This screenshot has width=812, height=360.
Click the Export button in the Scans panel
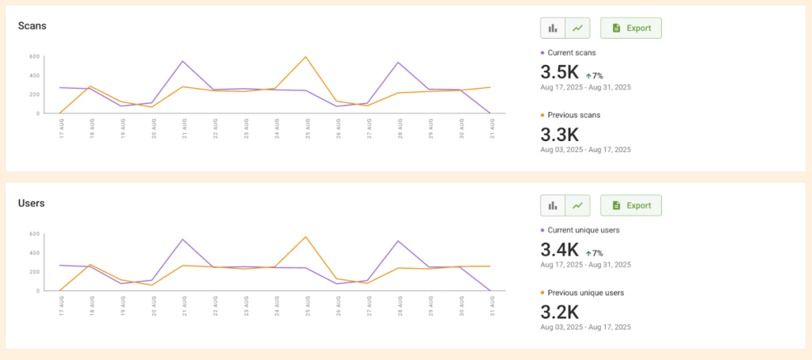[x=630, y=28]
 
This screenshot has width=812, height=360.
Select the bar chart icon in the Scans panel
[x=553, y=28]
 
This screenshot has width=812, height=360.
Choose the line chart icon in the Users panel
[x=577, y=205]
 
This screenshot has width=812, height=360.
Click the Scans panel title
[x=33, y=25]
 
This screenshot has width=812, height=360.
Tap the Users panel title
[x=32, y=203]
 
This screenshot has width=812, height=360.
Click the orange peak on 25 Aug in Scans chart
[x=305, y=57]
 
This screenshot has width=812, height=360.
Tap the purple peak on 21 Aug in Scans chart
[x=183, y=61]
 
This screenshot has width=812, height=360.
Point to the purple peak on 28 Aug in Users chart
[x=397, y=241]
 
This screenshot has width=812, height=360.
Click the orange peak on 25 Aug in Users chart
[x=305, y=236]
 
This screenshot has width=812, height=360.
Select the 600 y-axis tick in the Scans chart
[x=35, y=56]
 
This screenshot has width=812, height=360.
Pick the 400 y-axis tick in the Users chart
[x=35, y=253]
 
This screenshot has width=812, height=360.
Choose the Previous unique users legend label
[x=585, y=293]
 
